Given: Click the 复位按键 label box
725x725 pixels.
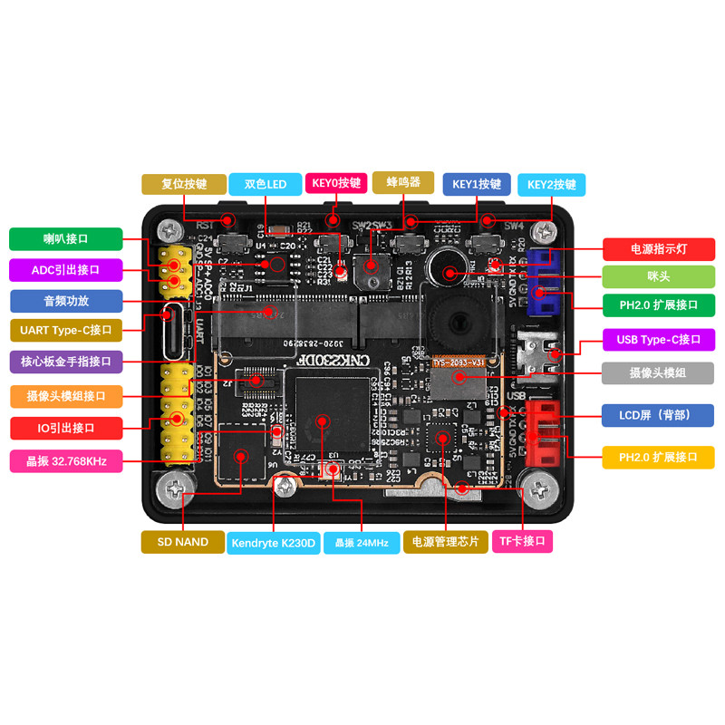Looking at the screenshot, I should coord(184,184).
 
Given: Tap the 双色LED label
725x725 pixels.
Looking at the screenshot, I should coord(265,184).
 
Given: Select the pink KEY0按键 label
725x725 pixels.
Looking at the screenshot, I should coord(336,183).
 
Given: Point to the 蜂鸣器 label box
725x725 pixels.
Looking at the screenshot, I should coord(403,183).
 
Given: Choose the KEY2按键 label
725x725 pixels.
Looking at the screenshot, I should coord(551,184).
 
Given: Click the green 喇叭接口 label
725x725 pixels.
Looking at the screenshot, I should coord(65,238).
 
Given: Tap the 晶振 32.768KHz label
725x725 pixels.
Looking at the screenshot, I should coord(66,461).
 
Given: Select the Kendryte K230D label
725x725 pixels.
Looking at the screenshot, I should coord(273,543).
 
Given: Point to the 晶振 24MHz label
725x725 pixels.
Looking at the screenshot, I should coord(362,543).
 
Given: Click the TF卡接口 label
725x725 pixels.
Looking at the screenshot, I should coord(522,542).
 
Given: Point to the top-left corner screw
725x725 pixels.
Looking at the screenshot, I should coord(169,230).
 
